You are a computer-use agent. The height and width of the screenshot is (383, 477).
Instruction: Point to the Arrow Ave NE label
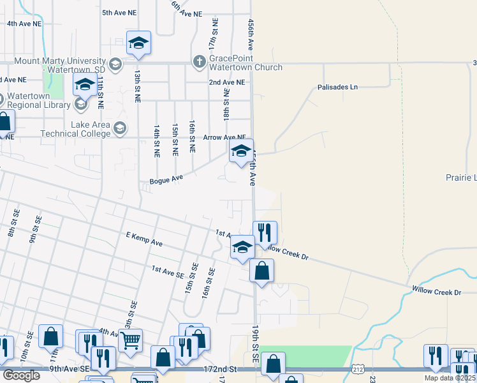point(224,137)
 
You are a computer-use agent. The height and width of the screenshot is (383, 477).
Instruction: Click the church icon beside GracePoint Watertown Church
point(198,62)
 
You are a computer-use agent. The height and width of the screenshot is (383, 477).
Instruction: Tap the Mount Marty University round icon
point(115,64)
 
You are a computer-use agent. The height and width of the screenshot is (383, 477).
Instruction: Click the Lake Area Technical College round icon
point(119,129)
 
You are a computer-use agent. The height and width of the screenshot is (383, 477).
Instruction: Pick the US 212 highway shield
point(357,370)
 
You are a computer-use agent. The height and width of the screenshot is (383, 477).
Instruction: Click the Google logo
point(21,375)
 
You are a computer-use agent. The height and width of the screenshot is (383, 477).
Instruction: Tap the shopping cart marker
point(130,342)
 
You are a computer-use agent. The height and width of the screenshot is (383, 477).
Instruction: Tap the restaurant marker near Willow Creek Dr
point(265,233)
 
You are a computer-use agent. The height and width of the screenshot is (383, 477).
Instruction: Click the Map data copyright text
point(450,378)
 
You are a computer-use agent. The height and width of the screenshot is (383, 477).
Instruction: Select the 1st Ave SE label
point(167,270)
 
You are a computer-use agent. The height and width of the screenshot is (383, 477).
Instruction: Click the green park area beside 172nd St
point(306,354)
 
